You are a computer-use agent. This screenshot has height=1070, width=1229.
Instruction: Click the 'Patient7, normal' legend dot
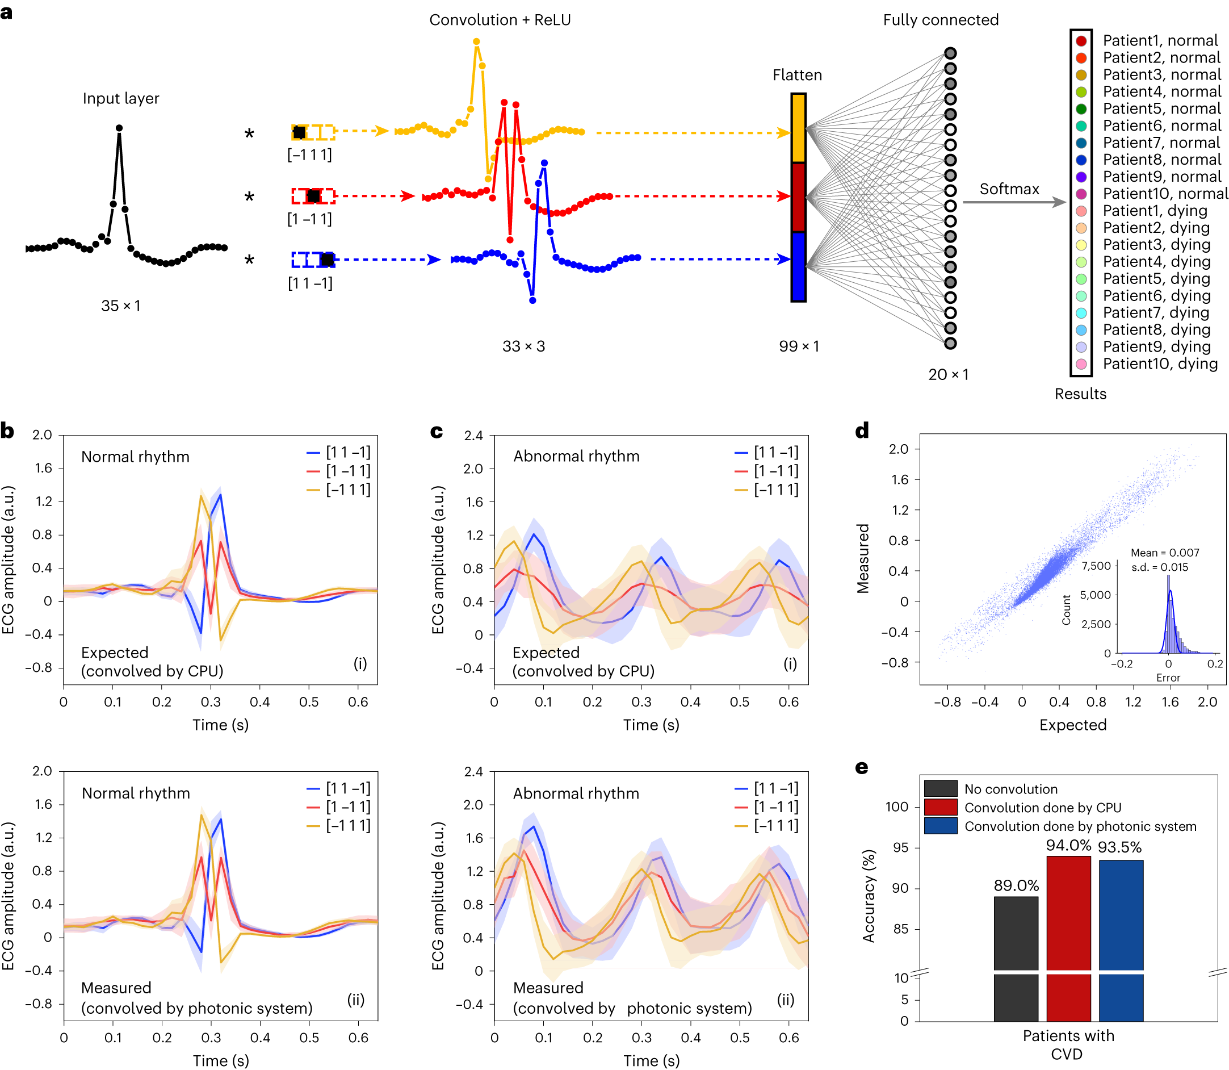click(x=1080, y=143)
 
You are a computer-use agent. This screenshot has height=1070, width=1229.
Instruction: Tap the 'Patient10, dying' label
click(x=1160, y=363)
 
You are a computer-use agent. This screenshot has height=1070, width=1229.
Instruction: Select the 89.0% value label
click(x=1016, y=885)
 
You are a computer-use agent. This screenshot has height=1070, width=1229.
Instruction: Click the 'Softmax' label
click(x=1009, y=189)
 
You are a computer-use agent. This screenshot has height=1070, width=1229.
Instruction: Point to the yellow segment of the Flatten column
click(x=798, y=128)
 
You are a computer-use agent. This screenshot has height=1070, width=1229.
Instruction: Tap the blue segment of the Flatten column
click(x=798, y=266)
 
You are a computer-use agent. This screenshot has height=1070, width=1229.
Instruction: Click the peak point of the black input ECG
click(x=119, y=128)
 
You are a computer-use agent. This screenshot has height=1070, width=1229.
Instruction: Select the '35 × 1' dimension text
click(x=120, y=306)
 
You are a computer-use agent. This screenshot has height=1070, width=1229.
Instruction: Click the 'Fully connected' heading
click(x=940, y=20)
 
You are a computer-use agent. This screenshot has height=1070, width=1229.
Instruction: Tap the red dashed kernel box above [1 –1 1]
click(x=313, y=196)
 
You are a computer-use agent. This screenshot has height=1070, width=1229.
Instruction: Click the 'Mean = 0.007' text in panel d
click(x=1164, y=553)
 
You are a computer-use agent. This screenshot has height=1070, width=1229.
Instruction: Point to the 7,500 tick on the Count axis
click(x=1096, y=566)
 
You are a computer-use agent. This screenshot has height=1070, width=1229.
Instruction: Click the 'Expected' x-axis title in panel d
click(x=1073, y=724)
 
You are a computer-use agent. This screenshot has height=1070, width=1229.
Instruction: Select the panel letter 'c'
click(x=437, y=431)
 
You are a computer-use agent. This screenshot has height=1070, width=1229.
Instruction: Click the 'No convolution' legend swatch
click(x=940, y=788)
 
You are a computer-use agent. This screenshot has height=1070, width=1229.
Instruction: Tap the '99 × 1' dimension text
click(x=799, y=346)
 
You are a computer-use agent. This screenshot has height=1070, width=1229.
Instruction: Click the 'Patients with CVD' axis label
click(x=1068, y=1044)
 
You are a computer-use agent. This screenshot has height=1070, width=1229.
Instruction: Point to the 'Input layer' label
click(x=120, y=98)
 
